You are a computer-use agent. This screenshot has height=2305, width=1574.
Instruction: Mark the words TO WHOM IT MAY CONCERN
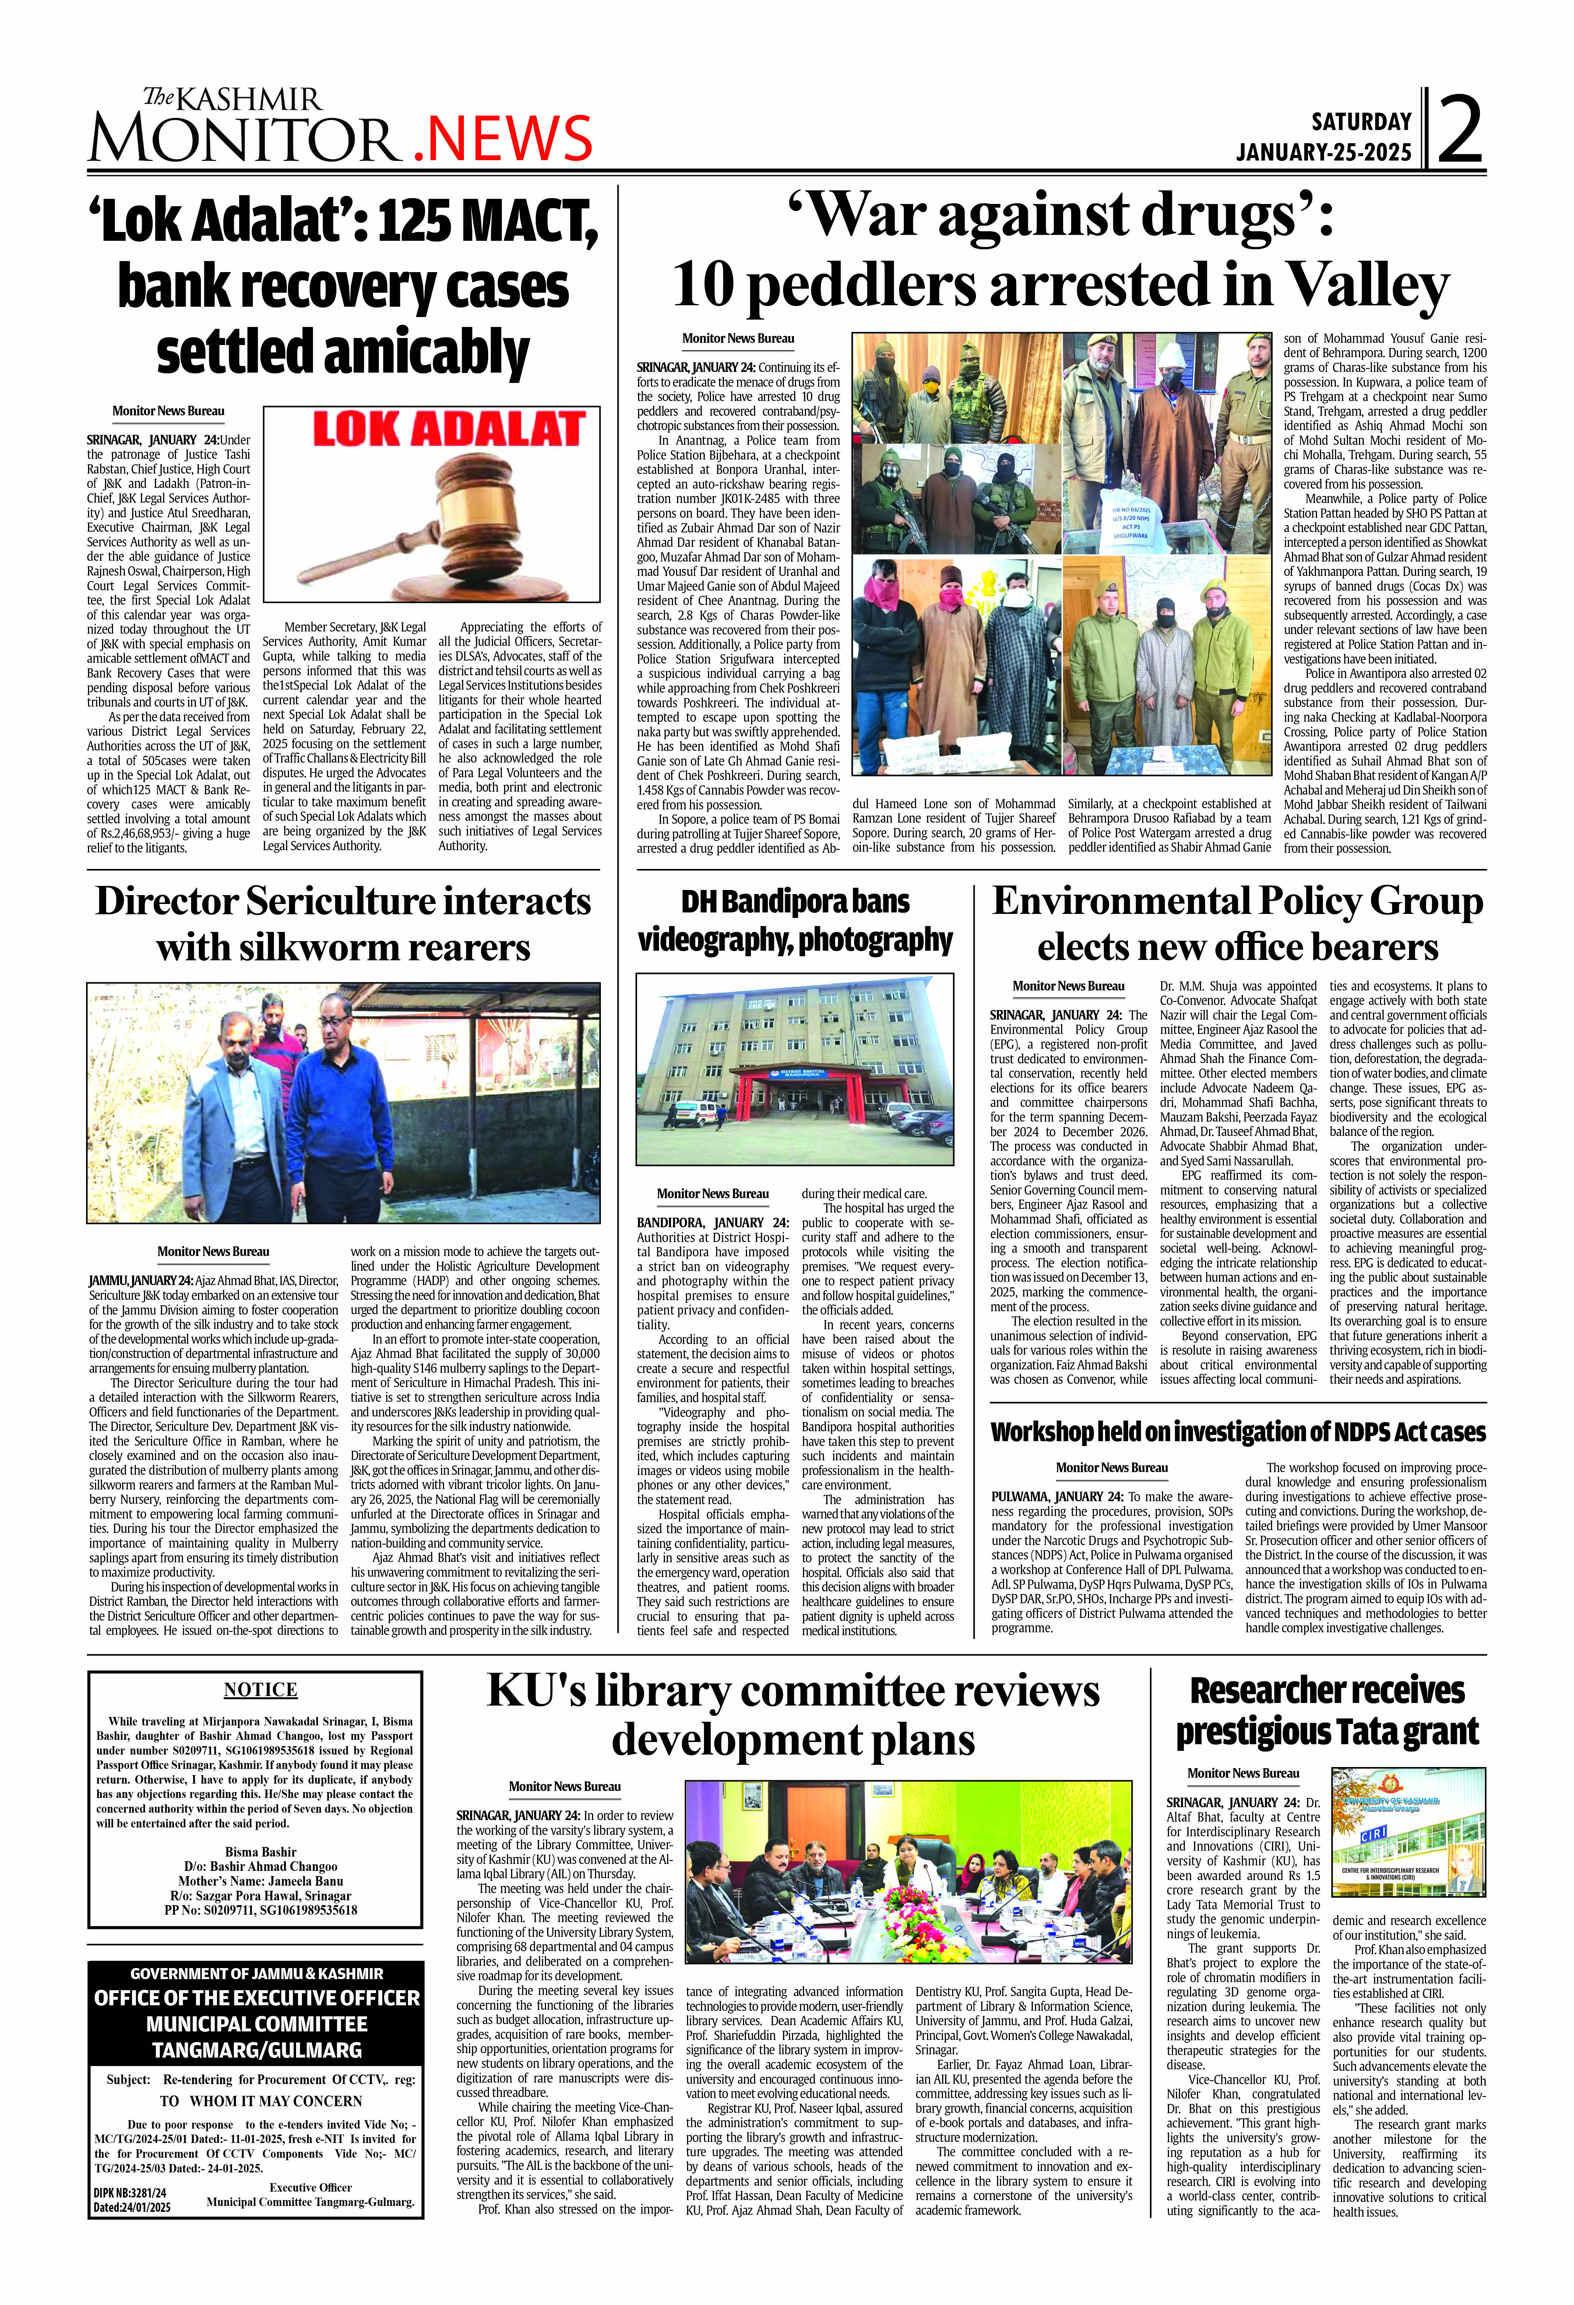261,2101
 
